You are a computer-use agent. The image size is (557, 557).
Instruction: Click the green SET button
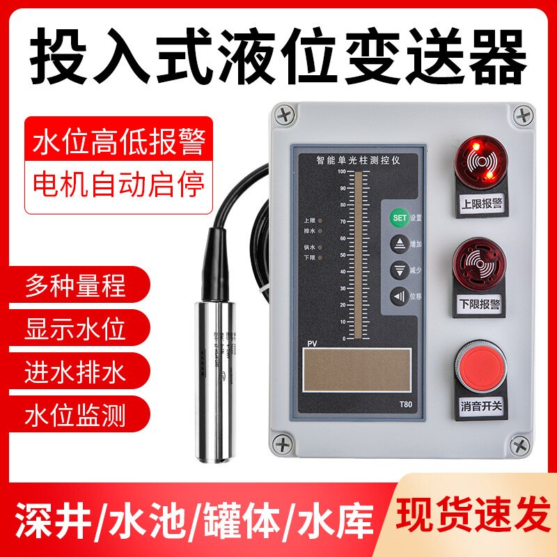tap(400, 217)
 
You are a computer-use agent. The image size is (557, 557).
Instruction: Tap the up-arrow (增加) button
tap(400, 244)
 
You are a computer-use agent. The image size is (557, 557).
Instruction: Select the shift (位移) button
tap(400, 295)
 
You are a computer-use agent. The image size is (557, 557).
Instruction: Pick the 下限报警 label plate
tap(480, 304)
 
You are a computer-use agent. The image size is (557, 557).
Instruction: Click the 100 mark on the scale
tap(341, 171)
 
